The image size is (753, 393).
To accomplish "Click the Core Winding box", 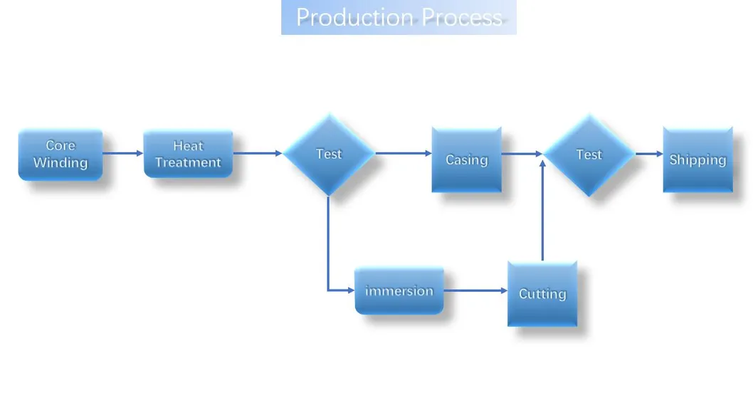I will point(60,154).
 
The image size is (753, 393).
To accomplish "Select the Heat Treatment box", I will point(188,154).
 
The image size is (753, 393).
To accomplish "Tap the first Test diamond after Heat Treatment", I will point(329,154).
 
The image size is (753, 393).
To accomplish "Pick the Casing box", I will point(466,160).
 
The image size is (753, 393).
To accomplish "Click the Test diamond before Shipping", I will point(589,154).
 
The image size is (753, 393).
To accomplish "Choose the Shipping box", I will point(697,160).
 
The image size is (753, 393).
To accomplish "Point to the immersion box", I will point(399,290).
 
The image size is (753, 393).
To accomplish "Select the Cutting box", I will point(542,294).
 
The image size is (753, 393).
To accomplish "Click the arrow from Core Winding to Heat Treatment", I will point(123,153).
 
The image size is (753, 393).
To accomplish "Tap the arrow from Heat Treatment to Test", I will point(258,153).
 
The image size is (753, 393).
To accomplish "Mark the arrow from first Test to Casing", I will point(403,153).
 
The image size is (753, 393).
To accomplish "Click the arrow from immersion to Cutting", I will point(475,290).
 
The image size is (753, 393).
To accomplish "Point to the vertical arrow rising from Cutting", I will point(542,214).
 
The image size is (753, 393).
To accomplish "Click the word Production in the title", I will point(354,17).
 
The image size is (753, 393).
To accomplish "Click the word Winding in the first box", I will point(60,163).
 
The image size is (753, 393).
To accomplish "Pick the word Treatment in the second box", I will point(188,162).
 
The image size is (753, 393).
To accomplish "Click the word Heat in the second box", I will point(188,146).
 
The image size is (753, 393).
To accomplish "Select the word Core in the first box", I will point(60,145).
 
